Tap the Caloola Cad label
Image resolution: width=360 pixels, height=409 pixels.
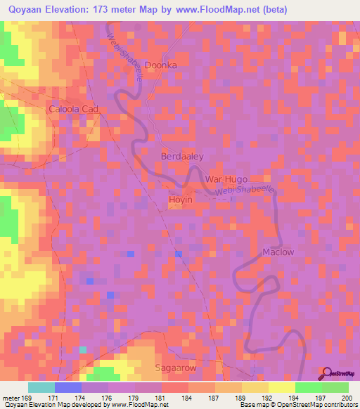[x=72, y=110]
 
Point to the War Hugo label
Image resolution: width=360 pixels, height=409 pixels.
[x=228, y=180]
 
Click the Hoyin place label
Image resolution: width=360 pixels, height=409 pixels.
[x=181, y=200]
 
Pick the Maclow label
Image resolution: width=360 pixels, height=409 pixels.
[x=278, y=252]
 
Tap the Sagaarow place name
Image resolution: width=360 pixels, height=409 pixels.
[x=176, y=368]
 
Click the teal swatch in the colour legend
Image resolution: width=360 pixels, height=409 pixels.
[x=41, y=387]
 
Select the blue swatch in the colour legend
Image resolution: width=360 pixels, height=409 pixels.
[x=68, y=387]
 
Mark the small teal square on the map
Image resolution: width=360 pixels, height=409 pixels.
[x=83, y=349]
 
